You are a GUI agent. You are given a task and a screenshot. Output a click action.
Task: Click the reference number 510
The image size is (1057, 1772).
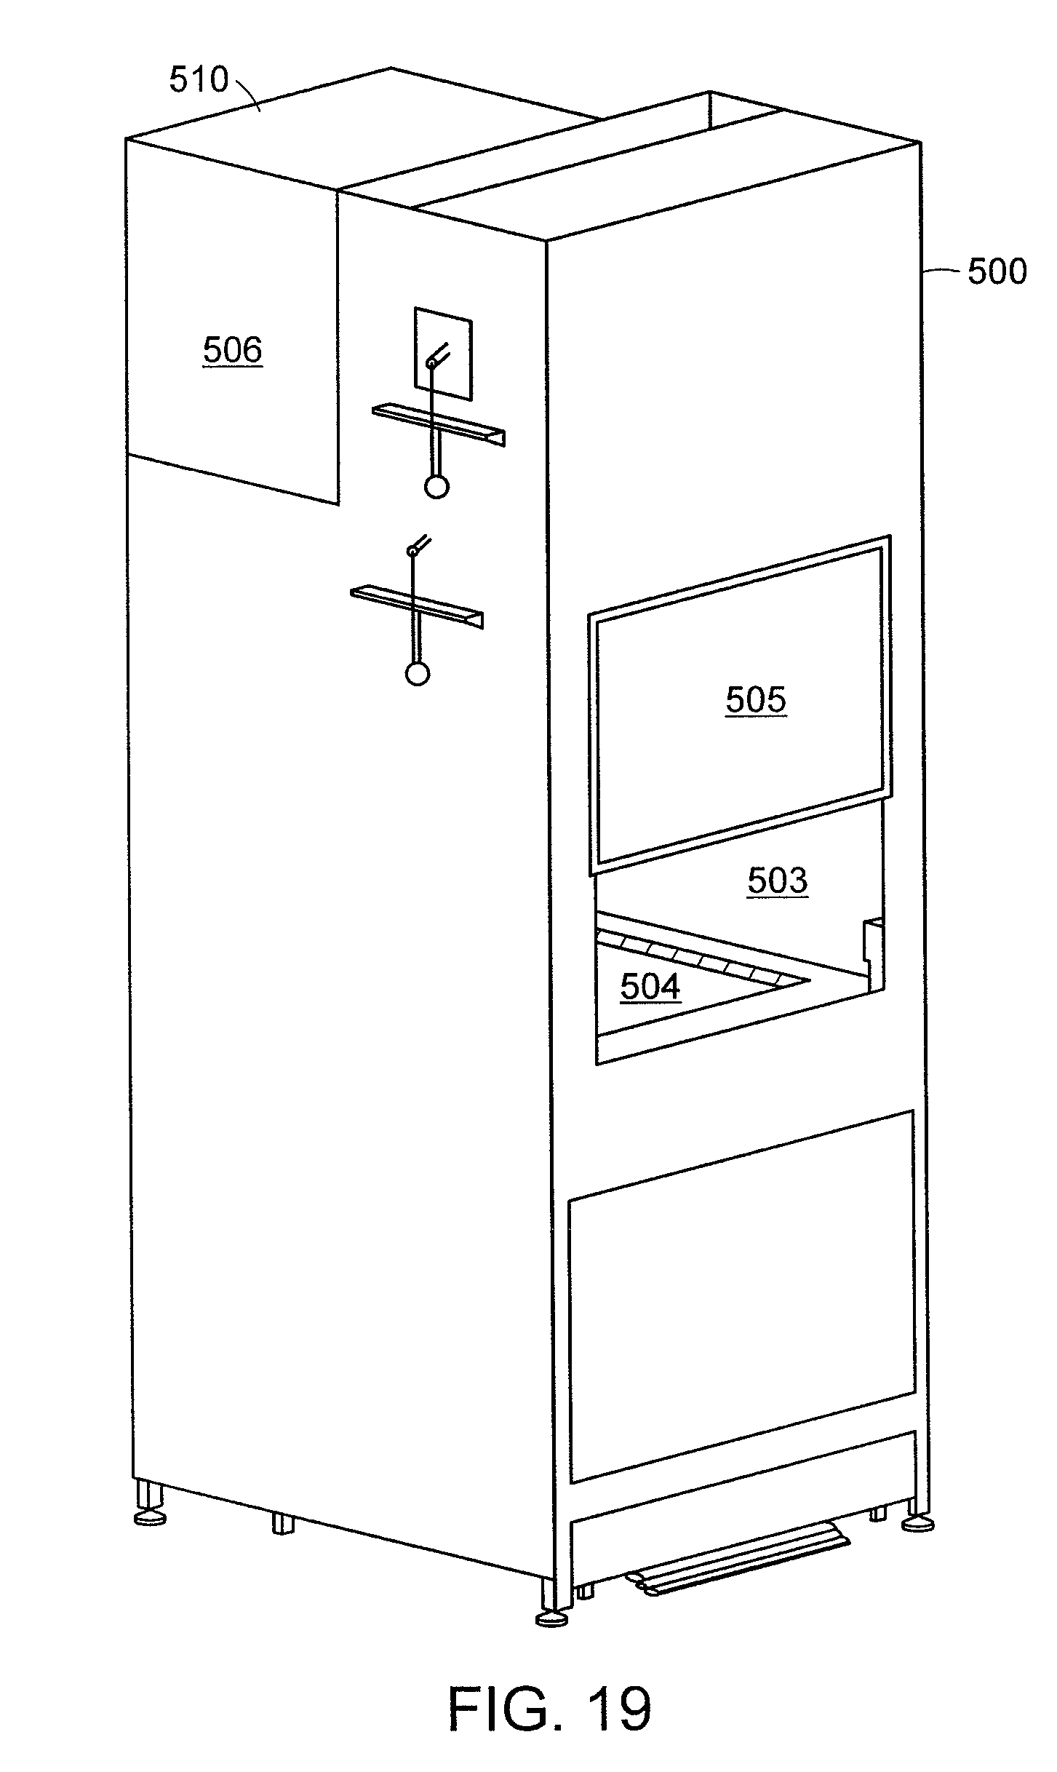199,79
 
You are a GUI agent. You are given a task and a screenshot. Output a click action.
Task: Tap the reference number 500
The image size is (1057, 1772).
996,271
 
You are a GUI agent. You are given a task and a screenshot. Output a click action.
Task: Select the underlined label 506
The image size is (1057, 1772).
232,350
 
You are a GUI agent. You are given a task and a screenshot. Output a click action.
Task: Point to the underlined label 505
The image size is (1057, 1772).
756,699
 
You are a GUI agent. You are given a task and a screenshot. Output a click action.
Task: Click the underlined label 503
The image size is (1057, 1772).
777,881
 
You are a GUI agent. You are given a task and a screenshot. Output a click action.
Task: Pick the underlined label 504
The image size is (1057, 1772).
650,987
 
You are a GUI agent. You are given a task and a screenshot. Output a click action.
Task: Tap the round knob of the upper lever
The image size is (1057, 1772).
436,485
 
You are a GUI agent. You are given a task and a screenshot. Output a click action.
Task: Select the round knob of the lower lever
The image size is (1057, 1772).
418,674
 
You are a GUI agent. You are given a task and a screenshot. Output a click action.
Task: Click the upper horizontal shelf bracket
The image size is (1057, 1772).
439,425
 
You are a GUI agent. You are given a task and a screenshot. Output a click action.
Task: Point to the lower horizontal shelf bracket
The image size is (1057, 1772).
417,605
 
